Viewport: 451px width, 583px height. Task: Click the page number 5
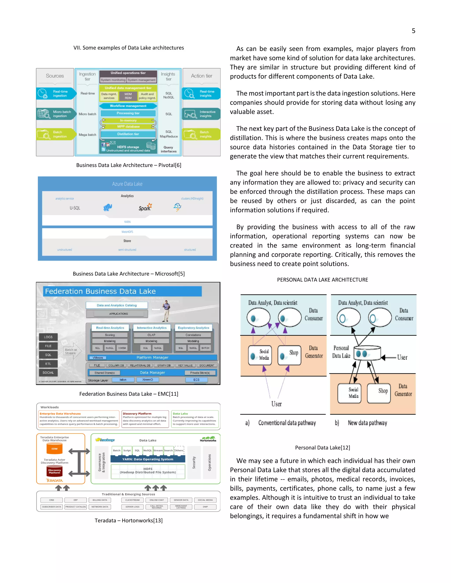pos(413,31)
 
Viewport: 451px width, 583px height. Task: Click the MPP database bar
pos(128,126)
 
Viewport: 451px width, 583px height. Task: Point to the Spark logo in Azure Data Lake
pos(145,207)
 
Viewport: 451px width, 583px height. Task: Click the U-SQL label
pos(75,208)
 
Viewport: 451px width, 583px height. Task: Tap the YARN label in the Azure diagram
pos(127,222)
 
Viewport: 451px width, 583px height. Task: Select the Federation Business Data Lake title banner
pos(122,291)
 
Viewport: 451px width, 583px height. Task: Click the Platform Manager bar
pos(153,357)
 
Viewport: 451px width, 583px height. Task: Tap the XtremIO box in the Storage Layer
pos(148,379)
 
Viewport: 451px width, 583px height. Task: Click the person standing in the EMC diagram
pos(167,311)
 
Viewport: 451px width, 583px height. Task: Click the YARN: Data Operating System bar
pos(148,459)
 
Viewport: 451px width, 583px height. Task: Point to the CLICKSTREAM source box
pos(133,500)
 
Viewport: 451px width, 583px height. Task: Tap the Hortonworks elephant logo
pos(208,439)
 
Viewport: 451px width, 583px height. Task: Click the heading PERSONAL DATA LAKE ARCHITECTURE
pos(322,280)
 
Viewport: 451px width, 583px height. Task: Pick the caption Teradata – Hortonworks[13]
pos(129,521)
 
